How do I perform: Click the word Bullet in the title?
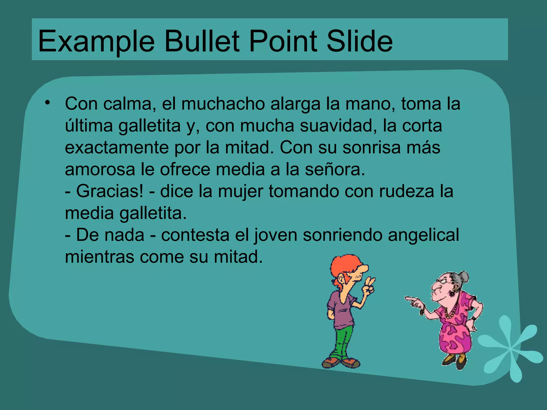click(x=202, y=41)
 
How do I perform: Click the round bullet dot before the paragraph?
click(x=48, y=103)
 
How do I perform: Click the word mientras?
click(x=99, y=257)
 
